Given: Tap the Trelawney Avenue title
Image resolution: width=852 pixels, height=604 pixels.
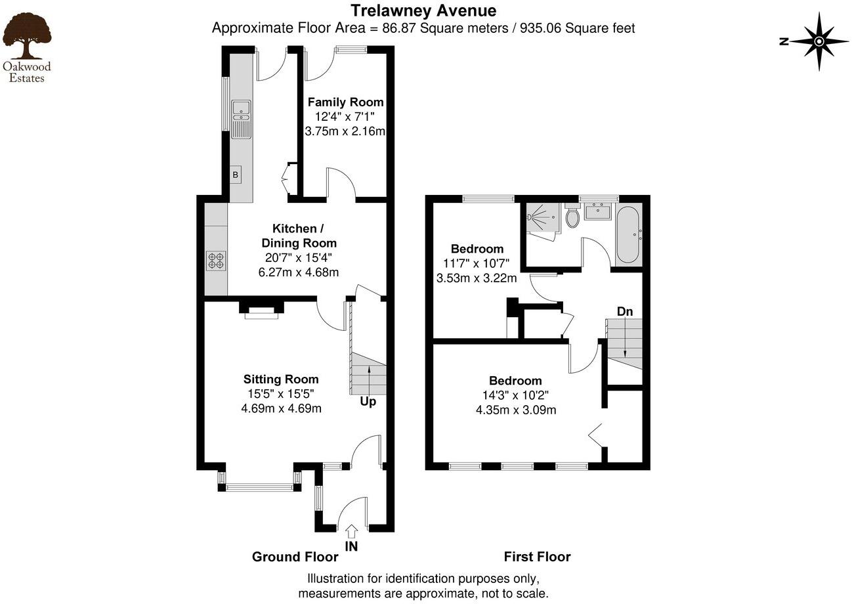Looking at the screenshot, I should click(423, 11).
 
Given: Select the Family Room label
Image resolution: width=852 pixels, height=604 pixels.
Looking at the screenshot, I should click(345, 102).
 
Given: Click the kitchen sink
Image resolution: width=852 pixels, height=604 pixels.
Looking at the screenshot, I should click(241, 119).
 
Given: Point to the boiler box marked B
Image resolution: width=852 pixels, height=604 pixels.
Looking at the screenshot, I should click(235, 175).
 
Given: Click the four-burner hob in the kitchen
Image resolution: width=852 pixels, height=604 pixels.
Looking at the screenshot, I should click(215, 261).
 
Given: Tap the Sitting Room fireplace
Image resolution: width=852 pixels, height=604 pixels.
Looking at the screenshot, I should click(261, 311).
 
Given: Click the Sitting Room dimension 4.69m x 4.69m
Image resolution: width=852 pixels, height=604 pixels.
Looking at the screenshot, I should click(281, 408).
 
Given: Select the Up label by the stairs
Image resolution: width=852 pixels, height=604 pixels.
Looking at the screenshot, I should click(368, 401).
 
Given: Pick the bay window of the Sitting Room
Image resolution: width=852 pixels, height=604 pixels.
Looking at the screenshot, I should click(259, 487).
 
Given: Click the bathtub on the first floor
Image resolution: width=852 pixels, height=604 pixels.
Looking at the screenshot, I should click(626, 234).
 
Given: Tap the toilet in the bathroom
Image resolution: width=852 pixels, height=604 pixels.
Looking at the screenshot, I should click(572, 216).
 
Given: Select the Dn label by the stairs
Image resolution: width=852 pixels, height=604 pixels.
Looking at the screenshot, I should click(624, 311).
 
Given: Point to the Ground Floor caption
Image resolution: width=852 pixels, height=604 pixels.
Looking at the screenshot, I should click(295, 557).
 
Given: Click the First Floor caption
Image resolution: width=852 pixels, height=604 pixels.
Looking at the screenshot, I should click(537, 557).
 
